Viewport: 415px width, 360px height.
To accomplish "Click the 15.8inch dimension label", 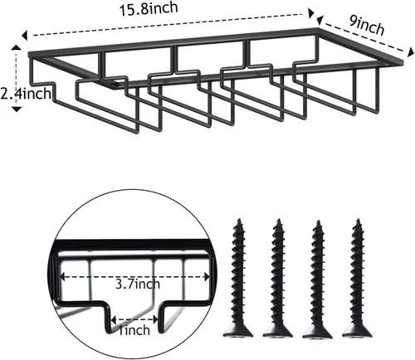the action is click(149, 9).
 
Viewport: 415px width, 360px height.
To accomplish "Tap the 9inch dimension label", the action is click(367, 26).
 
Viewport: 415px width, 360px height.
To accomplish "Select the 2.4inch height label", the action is click(26, 94).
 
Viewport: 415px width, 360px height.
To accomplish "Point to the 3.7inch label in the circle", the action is click(138, 284).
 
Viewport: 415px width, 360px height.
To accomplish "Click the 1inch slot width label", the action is click(134, 330).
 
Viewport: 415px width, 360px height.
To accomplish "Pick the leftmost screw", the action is click(238, 277).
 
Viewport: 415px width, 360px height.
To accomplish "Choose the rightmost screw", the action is click(357, 277).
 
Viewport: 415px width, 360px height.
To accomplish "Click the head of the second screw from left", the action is click(278, 330).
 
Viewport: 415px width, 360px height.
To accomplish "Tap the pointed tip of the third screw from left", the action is click(318, 221).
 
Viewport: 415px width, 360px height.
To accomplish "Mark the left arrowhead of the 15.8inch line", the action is click(25, 36).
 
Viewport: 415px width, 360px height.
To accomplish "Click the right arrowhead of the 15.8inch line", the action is click(311, 13).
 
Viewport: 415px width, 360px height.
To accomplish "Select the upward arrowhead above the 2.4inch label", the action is click(17, 47).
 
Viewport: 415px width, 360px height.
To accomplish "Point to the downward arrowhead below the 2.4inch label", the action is click(17, 109).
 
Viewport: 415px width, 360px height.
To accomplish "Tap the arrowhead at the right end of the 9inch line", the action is click(411, 52).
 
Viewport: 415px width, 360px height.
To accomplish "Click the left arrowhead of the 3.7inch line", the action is click(62, 276).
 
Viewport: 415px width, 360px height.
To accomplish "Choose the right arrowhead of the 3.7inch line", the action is click(207, 276).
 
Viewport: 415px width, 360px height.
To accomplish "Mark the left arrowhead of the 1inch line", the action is click(113, 320).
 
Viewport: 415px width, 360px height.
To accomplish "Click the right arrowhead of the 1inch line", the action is click(155, 320).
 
